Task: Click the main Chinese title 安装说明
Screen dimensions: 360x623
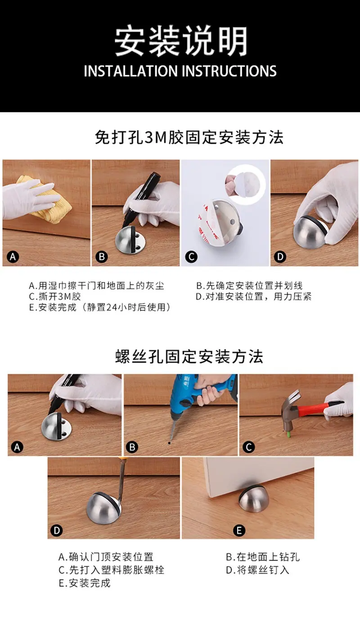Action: (x=181, y=40)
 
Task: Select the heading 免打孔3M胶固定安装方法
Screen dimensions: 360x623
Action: (x=189, y=137)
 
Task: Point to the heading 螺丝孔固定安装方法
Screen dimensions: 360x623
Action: (x=189, y=356)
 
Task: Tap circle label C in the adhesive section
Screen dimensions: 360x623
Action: (x=191, y=257)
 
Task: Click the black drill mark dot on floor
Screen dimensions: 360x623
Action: (x=169, y=443)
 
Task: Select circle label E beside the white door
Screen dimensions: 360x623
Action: (x=239, y=530)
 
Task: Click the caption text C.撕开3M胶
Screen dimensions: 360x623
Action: (x=55, y=296)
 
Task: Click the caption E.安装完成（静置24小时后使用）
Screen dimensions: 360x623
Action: (x=99, y=307)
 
